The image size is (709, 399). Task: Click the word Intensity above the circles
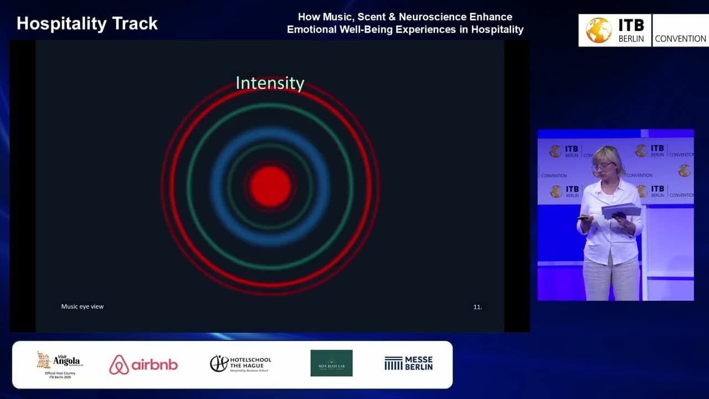270,83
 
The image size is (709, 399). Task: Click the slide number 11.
477,306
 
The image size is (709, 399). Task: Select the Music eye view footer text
82,306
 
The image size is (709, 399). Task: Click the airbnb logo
143,364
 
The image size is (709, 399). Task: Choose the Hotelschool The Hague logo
240,364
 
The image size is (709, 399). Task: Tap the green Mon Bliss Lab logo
331,363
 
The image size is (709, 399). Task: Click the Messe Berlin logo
408,364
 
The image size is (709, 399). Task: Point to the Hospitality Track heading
87,24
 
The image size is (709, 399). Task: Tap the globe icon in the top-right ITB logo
599,30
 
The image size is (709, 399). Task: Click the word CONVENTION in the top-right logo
680,39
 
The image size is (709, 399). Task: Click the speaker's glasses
602,166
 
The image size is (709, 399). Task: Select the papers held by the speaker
621,210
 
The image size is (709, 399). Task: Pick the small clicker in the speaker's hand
583,218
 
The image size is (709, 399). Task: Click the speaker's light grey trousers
610,280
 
